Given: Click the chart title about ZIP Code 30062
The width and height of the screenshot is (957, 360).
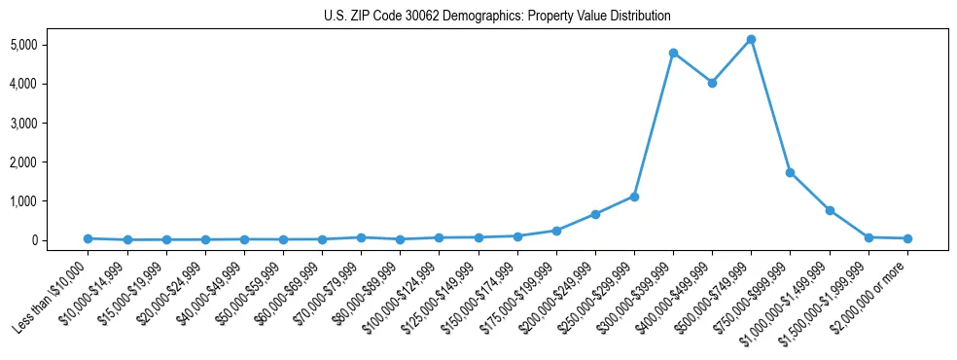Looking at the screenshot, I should [x=497, y=17].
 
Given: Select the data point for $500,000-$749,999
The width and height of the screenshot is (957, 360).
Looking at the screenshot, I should [x=751, y=40].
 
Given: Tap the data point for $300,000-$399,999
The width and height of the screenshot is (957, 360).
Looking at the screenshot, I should [x=673, y=53].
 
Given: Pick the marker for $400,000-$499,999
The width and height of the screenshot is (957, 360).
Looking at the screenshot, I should [x=712, y=83].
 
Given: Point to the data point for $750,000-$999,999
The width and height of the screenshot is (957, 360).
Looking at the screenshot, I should [x=791, y=172].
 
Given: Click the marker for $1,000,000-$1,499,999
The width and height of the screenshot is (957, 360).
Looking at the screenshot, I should [x=830, y=210].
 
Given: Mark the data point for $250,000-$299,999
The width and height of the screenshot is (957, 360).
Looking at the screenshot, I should [x=634, y=197].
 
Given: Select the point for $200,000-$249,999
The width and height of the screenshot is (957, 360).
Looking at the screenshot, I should [x=595, y=214].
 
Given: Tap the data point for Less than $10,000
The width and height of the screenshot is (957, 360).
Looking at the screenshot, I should [x=88, y=238].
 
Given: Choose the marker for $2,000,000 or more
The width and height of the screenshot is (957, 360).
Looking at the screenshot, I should [x=907, y=238].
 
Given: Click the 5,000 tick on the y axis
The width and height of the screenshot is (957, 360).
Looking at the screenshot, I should [x=51, y=45].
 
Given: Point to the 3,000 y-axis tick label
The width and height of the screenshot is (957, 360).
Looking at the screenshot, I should [x=51, y=123].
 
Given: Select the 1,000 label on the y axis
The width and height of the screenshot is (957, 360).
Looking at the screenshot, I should [x=51, y=201].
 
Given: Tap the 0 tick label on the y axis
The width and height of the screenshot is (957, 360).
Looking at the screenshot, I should [x=59, y=240].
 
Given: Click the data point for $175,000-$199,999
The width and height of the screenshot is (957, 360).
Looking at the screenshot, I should [x=556, y=231].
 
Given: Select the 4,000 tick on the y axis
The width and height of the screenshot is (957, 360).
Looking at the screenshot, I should [x=51, y=84].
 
